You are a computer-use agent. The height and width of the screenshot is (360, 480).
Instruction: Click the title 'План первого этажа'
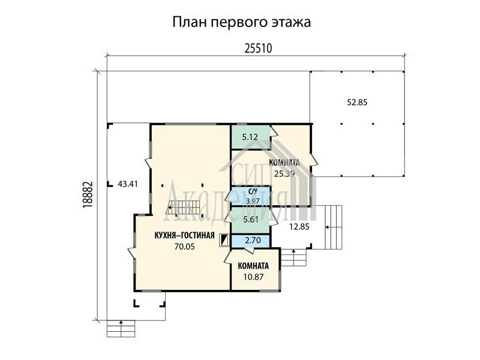(x=242, y=23)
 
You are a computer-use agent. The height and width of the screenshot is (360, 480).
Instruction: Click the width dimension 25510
(x=259, y=49)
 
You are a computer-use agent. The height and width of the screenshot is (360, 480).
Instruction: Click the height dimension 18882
(x=88, y=195)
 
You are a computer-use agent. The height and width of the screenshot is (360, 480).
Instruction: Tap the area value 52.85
(x=357, y=102)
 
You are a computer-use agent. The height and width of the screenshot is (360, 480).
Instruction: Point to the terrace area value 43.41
(x=128, y=184)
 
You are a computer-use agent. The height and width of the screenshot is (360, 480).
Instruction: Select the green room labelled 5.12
(x=250, y=137)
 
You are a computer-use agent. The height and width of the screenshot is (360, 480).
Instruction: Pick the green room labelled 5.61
(x=250, y=220)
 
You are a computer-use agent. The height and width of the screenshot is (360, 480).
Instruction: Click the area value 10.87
(x=253, y=277)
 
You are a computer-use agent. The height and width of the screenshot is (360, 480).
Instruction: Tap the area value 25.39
(x=284, y=174)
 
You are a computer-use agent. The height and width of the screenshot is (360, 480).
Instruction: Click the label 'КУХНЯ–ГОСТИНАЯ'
(x=185, y=235)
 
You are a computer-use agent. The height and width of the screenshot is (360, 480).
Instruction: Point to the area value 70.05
(x=185, y=247)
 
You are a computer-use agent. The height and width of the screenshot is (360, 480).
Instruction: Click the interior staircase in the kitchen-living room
(x=183, y=207)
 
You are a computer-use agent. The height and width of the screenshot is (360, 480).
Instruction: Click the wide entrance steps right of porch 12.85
(x=333, y=227)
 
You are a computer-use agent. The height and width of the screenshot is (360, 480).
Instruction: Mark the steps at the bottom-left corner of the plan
(x=121, y=328)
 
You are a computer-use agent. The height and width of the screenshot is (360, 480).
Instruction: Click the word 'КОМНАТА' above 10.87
(x=253, y=266)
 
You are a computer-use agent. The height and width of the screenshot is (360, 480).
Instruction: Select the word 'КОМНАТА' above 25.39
(x=284, y=163)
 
